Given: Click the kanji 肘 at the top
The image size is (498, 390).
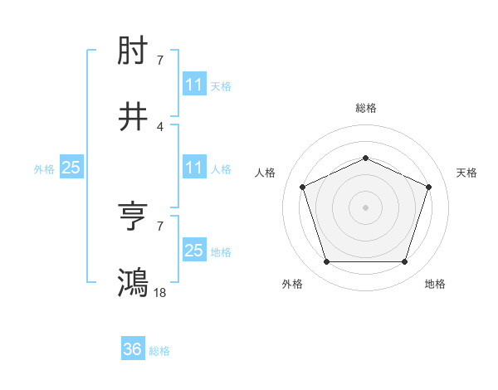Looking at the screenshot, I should (134, 52).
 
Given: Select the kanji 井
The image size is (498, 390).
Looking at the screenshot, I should (134, 118).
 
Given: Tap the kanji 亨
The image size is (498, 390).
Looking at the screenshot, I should (134, 217).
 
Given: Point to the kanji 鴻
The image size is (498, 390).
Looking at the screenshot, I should (134, 282).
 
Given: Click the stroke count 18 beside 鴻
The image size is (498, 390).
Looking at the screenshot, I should (160, 292).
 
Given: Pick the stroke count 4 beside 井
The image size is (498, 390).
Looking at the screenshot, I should (160, 126).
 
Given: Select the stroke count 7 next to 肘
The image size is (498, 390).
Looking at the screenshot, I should (160, 61).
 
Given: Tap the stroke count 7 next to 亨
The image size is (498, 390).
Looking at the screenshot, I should (160, 226).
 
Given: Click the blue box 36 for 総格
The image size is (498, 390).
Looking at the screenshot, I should (133, 350).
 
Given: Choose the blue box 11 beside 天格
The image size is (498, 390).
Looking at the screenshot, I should (193, 85).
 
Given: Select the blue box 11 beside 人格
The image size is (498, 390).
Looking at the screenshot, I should (193, 168).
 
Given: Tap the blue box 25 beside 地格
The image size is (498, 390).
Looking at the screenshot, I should (193, 251).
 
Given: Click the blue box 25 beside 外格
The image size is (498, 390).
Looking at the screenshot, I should (71, 168).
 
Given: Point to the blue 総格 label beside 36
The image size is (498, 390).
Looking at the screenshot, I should (159, 351).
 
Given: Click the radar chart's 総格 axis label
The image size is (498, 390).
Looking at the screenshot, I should (365, 108).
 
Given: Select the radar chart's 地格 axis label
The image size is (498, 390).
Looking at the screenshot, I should (435, 285).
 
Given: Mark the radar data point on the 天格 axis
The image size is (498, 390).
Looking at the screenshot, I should (429, 187).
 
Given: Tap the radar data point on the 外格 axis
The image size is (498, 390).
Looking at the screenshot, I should (326, 262).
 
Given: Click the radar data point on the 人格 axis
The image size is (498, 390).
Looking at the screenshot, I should (302, 187).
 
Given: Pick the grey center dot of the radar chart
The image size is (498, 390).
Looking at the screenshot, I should (365, 207).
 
